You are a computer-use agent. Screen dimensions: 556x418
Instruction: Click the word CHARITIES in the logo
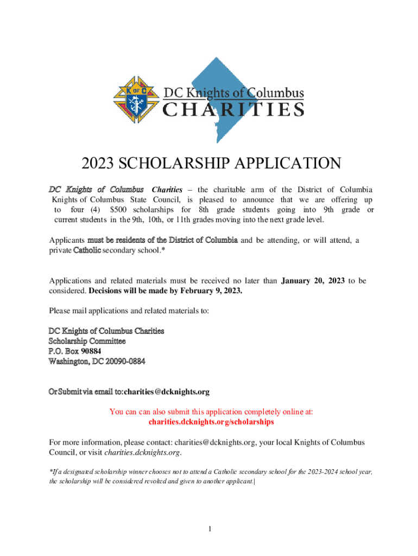[233, 110]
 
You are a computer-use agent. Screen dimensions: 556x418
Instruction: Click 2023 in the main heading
[98, 163]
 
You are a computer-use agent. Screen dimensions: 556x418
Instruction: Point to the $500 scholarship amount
[120, 210]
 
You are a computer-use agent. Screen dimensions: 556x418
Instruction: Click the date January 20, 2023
[313, 281]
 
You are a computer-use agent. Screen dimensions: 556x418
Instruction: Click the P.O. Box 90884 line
[75, 351]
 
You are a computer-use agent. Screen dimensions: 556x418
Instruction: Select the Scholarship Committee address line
[87, 341]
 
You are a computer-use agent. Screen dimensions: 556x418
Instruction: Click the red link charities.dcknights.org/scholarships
[211, 421]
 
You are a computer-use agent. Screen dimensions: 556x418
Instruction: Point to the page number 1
[209, 529]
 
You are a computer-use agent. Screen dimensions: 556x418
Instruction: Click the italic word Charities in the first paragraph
[167, 189]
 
